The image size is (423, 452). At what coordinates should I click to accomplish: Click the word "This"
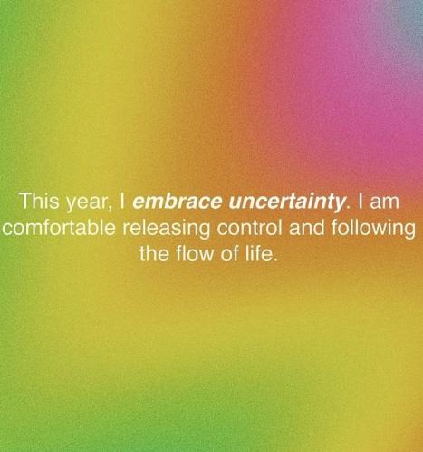[x=40, y=201]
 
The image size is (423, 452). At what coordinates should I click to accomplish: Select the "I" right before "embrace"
[x=122, y=201]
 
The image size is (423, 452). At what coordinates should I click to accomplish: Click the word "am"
[x=384, y=202]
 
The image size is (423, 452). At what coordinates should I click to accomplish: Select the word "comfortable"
[x=59, y=228]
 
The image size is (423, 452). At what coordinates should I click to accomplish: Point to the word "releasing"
[x=166, y=230]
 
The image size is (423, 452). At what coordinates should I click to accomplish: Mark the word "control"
[x=250, y=228]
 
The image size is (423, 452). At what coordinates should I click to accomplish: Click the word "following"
[x=373, y=230]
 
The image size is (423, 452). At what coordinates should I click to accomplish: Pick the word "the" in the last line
[x=154, y=254]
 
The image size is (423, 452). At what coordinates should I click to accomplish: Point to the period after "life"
[x=274, y=259]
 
